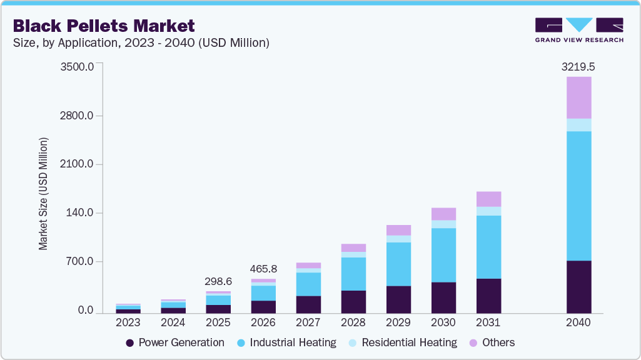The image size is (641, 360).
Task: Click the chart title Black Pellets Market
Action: click(x=104, y=26)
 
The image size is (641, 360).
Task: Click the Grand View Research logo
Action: click(x=578, y=30)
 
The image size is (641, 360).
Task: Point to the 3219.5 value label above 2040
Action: click(x=578, y=66)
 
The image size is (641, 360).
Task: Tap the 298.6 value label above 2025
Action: click(x=218, y=282)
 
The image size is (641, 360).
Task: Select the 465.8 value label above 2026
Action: click(x=263, y=269)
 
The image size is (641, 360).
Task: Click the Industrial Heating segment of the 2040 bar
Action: click(x=578, y=196)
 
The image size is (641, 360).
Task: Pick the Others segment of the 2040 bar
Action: click(x=578, y=97)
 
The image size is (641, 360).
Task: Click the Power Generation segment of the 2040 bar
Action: click(x=578, y=286)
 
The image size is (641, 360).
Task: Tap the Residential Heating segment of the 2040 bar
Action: click(x=578, y=125)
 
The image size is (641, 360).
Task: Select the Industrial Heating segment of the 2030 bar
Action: click(x=443, y=255)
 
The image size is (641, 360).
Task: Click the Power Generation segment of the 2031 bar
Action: click(x=488, y=296)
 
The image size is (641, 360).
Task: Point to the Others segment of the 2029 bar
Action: click(x=398, y=230)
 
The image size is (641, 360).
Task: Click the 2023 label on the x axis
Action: click(x=128, y=323)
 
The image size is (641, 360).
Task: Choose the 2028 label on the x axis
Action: click(x=353, y=323)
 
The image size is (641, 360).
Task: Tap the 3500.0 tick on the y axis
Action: click(x=76, y=67)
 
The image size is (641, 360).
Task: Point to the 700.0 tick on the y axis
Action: click(x=80, y=262)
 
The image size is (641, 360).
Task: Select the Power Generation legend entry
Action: click(x=174, y=342)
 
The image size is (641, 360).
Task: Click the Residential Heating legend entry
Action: click(x=403, y=342)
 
